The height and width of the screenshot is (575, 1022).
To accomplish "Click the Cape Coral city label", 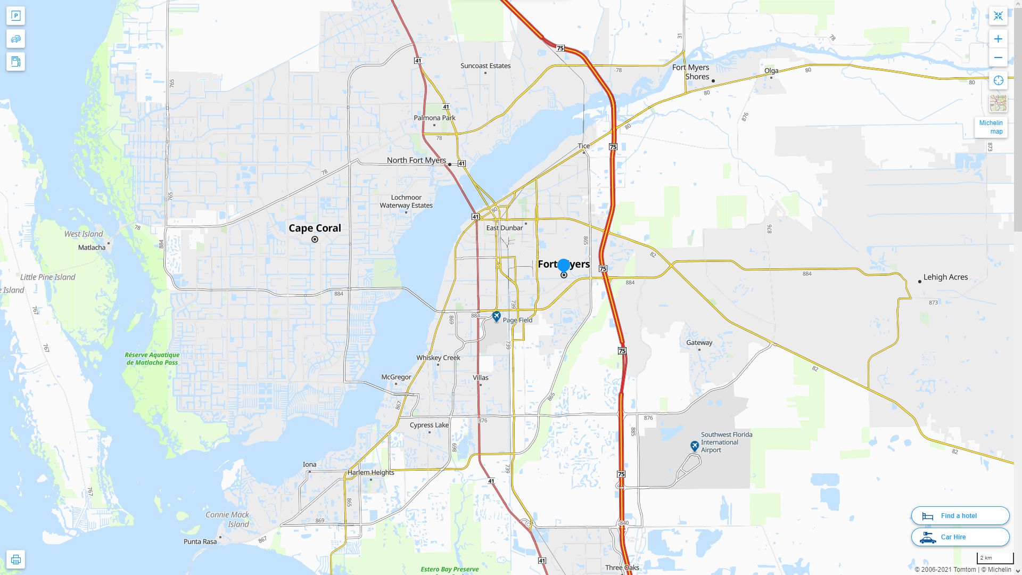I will coord(315,228).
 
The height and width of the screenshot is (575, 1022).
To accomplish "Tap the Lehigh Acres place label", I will coord(945,277).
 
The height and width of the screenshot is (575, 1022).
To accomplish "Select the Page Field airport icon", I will coord(496,317).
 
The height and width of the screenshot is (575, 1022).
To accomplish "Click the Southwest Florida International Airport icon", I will coord(694,446).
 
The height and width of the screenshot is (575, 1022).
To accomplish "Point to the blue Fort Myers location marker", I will coord(563,265).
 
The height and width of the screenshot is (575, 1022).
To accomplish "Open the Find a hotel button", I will coord(960,515).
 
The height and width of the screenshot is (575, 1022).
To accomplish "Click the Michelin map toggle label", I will coord(991,127).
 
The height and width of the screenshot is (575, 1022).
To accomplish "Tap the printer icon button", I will coord(15,559).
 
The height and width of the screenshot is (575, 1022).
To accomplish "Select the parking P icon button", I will coord(15,16).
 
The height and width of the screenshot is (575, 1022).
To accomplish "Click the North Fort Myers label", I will coord(416,160).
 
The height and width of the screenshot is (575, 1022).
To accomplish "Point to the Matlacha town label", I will coord(92,248).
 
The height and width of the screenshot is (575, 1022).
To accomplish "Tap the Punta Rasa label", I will coord(200,541).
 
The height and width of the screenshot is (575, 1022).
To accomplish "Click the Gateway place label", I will coord(699,342).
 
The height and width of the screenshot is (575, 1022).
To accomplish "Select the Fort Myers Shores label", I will coord(690,72).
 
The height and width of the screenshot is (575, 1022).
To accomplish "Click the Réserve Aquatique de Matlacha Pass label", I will coord(152,358).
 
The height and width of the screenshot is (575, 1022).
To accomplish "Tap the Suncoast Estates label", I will coord(485,66).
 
